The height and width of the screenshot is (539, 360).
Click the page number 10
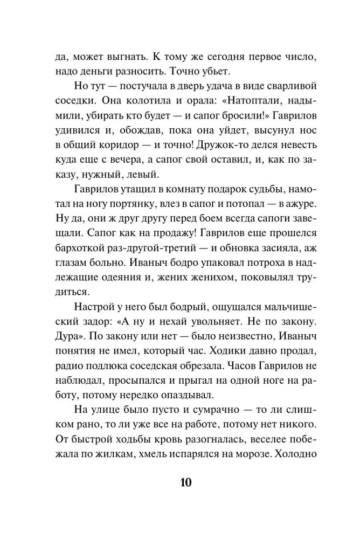click(180, 481)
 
